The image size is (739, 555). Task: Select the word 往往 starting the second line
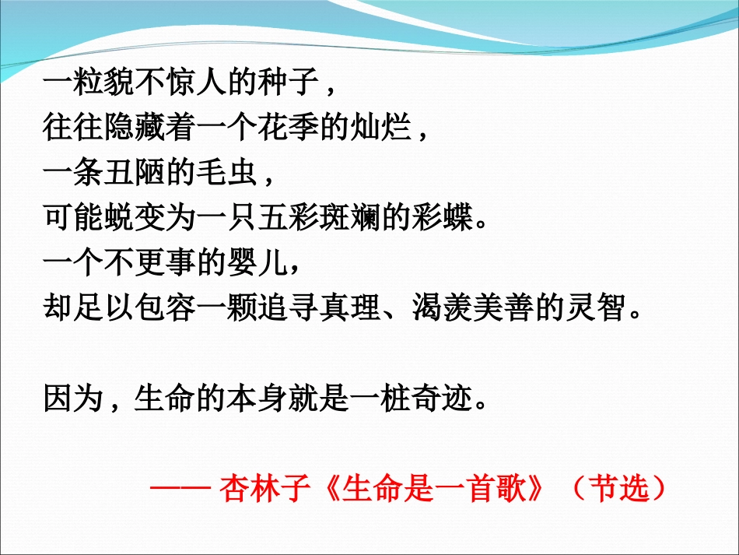click(72, 127)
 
